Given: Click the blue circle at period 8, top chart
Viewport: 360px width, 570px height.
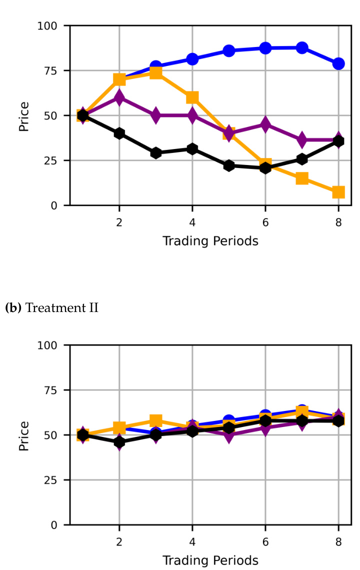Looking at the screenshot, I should (x=338, y=63).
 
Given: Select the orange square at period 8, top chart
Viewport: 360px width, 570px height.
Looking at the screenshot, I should (x=338, y=192).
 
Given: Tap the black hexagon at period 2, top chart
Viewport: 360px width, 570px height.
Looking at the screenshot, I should (x=119, y=133).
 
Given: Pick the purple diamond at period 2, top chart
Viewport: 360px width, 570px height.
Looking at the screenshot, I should (x=119, y=97).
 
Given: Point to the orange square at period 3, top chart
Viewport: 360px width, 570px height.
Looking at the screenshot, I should (x=155, y=72).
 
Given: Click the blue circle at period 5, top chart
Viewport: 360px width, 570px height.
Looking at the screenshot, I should (x=229, y=50).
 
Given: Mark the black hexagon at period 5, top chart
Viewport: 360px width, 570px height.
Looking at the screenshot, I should (x=229, y=165).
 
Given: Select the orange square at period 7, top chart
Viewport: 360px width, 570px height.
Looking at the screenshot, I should (x=302, y=178).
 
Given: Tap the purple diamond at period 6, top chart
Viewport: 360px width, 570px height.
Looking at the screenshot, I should (x=265, y=124).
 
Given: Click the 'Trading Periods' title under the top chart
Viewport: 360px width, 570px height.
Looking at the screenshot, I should (x=210, y=241).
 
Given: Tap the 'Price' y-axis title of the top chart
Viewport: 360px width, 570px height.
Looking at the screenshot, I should (x=23, y=115).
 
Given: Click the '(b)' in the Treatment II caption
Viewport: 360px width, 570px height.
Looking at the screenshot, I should (x=13, y=307).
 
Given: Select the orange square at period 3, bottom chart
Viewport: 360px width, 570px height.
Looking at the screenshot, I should (x=155, y=420).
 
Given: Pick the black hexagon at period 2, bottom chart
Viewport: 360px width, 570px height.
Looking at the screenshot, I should (x=119, y=442).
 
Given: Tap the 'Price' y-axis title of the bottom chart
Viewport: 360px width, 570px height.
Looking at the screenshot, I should (x=23, y=435).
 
